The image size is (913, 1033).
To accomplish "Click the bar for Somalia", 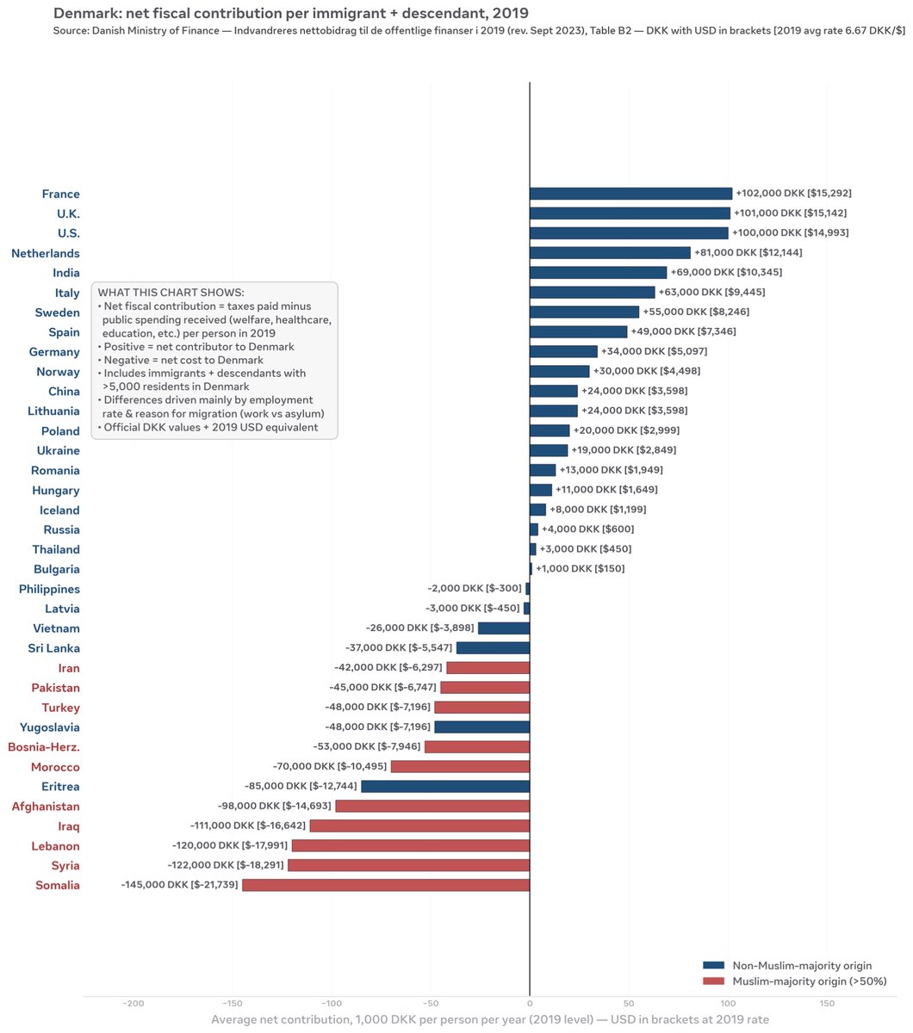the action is click(x=386, y=885).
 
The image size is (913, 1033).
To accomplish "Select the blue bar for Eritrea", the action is click(x=445, y=786).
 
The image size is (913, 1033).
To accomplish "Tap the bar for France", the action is click(x=630, y=194).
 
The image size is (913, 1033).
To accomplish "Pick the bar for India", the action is click(x=598, y=273).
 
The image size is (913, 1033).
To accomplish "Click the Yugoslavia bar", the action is click(x=481, y=727).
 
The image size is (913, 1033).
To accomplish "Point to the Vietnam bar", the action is click(x=504, y=628).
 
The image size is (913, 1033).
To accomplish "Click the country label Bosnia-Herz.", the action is click(x=44, y=747).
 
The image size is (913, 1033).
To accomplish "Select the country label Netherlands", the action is click(x=46, y=253).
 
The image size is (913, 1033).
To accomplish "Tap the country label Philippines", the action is click(x=49, y=589).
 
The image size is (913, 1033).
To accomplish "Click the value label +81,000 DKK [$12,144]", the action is click(x=748, y=252).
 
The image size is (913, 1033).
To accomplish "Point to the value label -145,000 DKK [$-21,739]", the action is click(x=180, y=885).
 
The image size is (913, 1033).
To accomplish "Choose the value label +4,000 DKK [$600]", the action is click(x=588, y=529).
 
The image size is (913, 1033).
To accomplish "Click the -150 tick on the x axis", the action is click(x=233, y=1004).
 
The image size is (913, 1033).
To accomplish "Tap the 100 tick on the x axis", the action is click(x=729, y=1004).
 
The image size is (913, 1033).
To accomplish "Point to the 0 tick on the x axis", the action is click(x=530, y=1004).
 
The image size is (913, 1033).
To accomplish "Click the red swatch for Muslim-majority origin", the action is click(x=713, y=981).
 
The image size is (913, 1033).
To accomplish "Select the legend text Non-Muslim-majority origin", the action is click(x=802, y=966).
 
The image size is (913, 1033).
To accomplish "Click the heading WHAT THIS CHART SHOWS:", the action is click(x=171, y=293).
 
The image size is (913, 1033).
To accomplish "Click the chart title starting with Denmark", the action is click(x=291, y=13).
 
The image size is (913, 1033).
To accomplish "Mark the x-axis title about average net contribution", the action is click(x=490, y=1019).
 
